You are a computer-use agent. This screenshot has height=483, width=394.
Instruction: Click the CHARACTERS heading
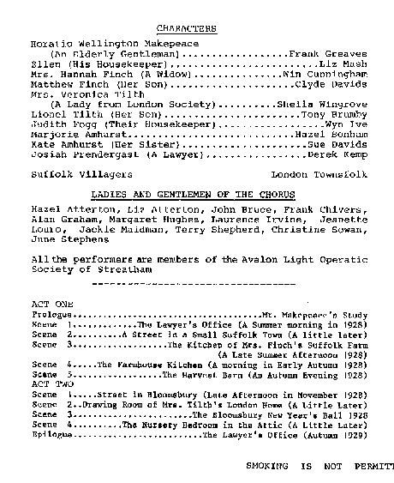point(186,29)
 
